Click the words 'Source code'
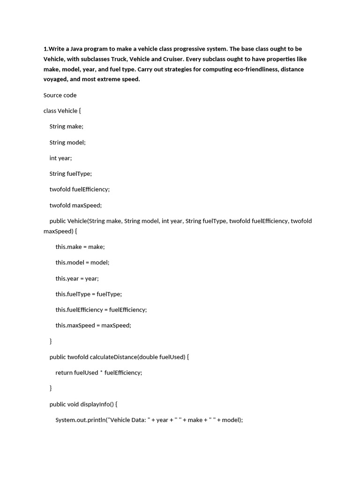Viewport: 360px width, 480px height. pos(60,95)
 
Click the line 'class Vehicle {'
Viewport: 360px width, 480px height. pos(62,111)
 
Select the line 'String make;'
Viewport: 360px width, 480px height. pos(66,127)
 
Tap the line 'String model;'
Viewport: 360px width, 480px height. pos(67,142)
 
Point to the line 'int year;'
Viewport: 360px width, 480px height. pos(60,158)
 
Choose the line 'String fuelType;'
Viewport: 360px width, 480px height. pos(71,173)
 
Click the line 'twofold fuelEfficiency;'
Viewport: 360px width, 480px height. pos(79,189)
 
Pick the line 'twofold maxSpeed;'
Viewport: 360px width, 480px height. pos(75,205)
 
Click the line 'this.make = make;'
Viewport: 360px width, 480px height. pos(80,247)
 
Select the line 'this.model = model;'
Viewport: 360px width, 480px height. pos(82,262)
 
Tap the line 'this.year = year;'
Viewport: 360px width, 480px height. pos(77,278)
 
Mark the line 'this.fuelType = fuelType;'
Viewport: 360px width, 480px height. pos(89,294)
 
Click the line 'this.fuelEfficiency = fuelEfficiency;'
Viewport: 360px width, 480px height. pos(101,310)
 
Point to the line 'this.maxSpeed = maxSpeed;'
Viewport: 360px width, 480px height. pos(93,325)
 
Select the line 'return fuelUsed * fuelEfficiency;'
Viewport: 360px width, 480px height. pos(98,373)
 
